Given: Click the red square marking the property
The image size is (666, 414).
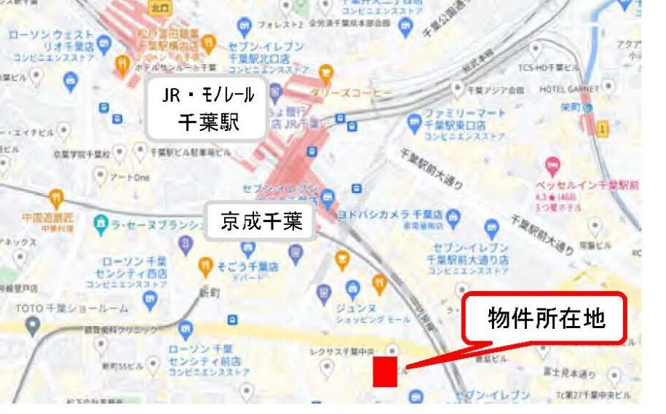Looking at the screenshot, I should pos(384,371).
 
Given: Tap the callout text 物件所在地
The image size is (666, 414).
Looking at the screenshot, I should pos(547,317).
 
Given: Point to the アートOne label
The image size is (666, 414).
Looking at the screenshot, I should pos(130,178).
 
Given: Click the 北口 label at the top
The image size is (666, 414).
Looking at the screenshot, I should pos(159,8).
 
